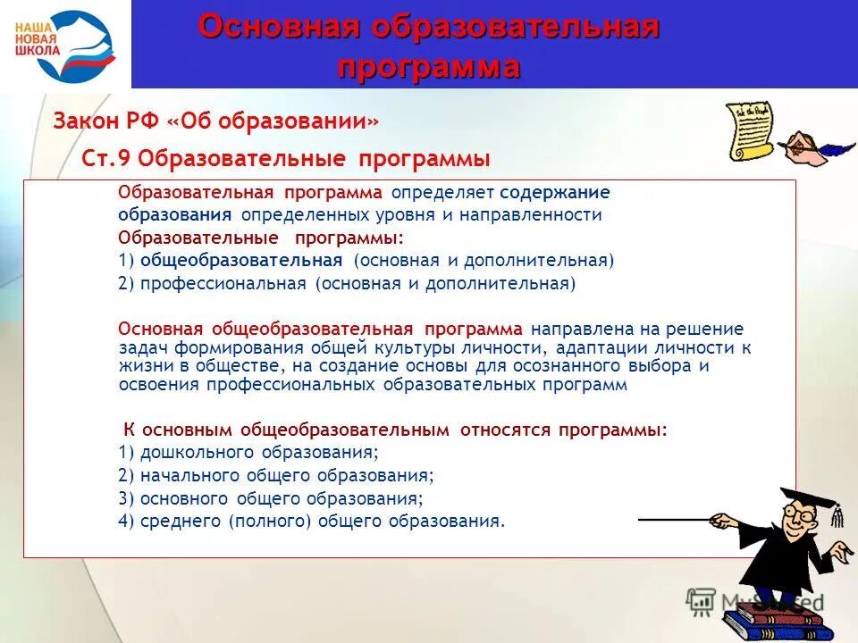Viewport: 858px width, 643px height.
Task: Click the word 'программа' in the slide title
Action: click(429, 67)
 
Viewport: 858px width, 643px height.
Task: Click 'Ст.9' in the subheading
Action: click(106, 159)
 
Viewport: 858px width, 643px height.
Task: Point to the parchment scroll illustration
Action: click(747, 130)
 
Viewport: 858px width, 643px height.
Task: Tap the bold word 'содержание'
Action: click(555, 193)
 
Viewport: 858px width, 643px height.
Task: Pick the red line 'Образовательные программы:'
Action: click(261, 238)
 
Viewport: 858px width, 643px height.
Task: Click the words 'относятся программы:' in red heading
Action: click(564, 430)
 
